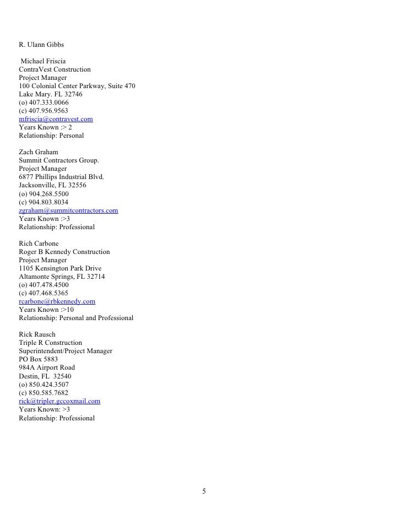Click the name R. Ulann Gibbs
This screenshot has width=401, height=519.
tap(41, 43)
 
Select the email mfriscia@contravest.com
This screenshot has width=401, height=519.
tap(56, 119)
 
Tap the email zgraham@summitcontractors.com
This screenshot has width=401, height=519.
tap(68, 210)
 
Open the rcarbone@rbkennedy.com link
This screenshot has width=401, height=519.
tap(57, 301)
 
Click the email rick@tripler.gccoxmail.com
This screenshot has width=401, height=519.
tap(59, 402)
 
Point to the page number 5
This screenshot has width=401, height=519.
tap(204, 491)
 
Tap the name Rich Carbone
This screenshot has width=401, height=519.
tap(39, 244)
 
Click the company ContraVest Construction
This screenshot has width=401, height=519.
tap(55, 69)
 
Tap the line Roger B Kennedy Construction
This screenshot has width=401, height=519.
tap(64, 252)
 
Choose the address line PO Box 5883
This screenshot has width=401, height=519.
tap(38, 359)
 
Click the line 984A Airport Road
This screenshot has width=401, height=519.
tap(47, 367)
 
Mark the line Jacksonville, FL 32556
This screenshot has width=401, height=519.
tap(52, 186)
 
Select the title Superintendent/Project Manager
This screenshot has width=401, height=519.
tap(66, 351)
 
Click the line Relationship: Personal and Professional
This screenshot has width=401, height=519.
tap(76, 318)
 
